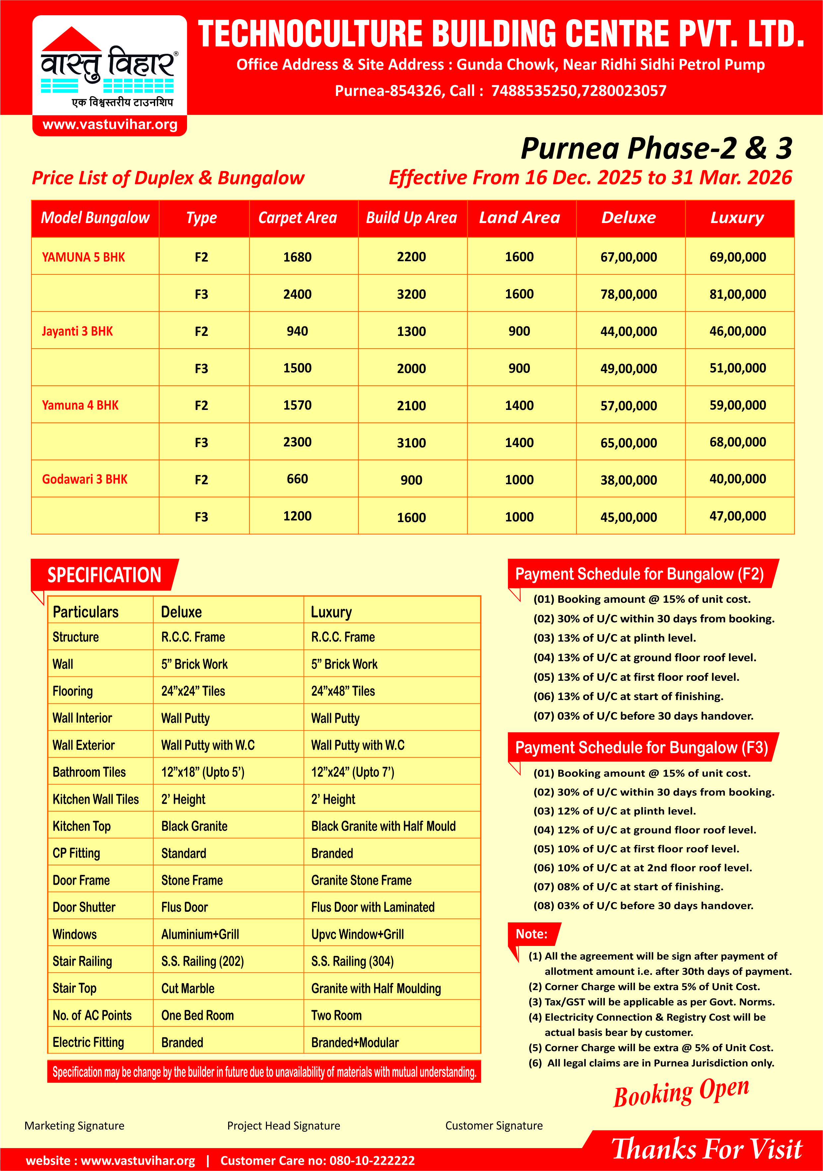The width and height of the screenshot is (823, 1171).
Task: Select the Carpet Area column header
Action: coord(298,218)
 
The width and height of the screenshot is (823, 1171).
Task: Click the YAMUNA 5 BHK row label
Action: coord(83,257)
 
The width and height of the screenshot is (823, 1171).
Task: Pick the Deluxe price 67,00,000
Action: coord(628,257)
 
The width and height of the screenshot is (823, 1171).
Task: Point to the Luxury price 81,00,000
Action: coord(737,294)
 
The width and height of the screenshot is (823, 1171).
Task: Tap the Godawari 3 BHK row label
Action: coord(85,479)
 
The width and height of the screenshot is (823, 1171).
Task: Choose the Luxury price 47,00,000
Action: coord(737,516)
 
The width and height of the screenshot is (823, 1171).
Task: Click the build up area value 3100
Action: coord(411,443)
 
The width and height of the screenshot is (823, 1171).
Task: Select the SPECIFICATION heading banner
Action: coord(104,575)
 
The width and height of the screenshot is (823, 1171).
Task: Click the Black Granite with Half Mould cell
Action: coord(383,826)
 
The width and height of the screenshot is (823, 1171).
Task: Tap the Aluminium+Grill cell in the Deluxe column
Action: coord(200,934)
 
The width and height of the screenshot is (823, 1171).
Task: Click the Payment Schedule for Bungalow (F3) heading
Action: coord(641,748)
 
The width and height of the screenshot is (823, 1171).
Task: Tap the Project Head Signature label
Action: coord(283,1126)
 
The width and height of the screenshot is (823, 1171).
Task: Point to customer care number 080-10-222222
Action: coord(372,1161)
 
